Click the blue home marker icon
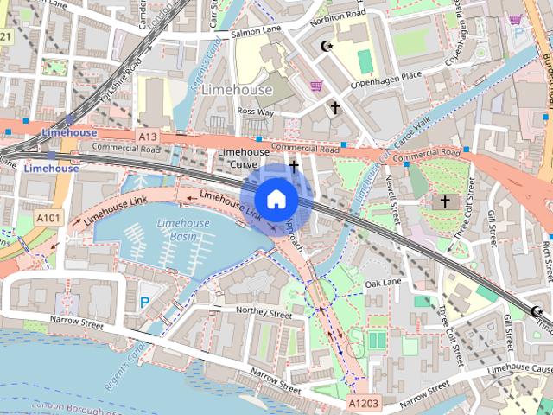coord(276,200)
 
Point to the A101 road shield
coord(48,218)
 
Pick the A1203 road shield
coord(364,403)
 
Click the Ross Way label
coord(255,112)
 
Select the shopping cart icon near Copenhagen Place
coord(316,86)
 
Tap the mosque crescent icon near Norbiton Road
coord(325,46)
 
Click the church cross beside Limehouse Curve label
coord(294,165)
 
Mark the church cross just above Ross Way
coord(335,108)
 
